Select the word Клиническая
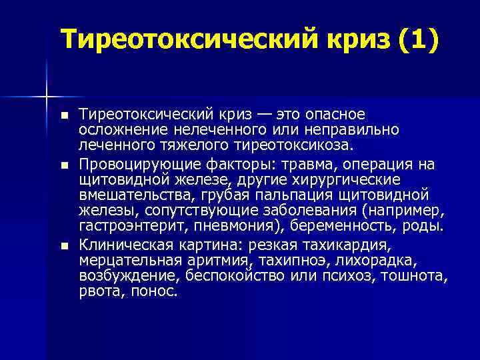[120, 245]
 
